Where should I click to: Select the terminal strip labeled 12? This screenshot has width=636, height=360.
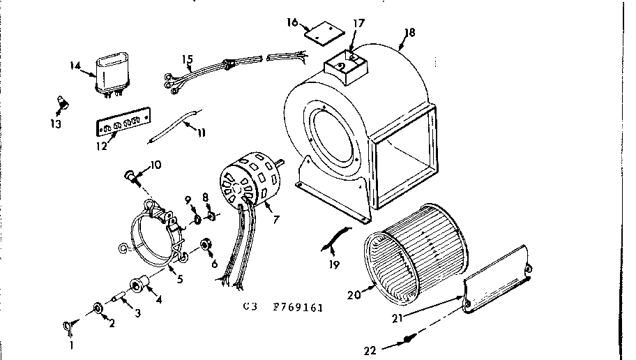tap(123, 125)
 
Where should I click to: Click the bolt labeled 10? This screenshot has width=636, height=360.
tap(130, 174)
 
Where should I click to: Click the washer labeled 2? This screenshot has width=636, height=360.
tap(97, 308)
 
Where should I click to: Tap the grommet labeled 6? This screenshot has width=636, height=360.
tap(206, 246)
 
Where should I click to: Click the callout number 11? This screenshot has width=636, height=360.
tap(201, 132)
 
